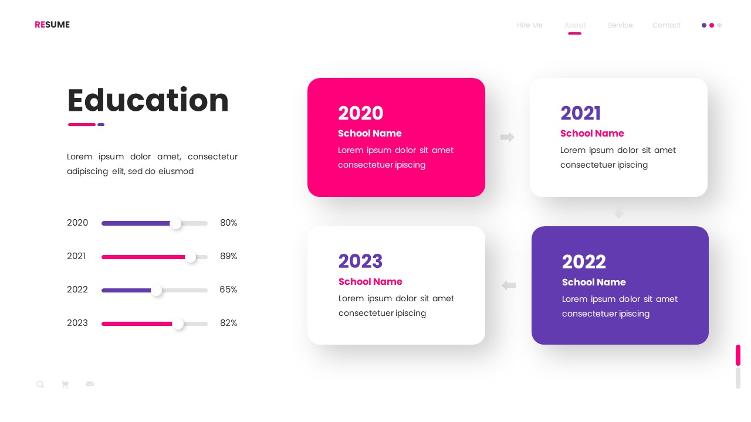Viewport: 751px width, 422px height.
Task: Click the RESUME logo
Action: click(x=52, y=25)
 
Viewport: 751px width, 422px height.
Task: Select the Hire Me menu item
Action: click(x=529, y=25)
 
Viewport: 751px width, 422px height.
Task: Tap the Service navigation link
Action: click(x=620, y=25)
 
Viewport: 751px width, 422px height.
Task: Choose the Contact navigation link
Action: click(x=666, y=25)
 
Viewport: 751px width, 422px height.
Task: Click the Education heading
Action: click(x=148, y=100)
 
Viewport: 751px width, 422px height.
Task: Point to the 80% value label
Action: click(x=228, y=223)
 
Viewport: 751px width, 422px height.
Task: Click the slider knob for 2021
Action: click(x=191, y=257)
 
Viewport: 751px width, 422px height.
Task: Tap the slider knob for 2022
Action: click(x=157, y=290)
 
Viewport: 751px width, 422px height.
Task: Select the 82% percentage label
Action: click(x=228, y=323)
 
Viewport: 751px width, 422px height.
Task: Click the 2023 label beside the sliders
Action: click(x=77, y=323)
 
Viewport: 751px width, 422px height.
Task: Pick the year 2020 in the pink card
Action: click(x=360, y=113)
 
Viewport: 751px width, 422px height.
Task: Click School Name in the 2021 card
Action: click(x=592, y=134)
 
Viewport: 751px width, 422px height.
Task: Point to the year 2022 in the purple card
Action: click(x=584, y=261)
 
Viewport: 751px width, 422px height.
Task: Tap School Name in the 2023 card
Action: click(x=370, y=282)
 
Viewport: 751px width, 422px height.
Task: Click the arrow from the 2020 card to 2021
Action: click(x=507, y=137)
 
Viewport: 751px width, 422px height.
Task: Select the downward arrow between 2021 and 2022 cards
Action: click(x=618, y=212)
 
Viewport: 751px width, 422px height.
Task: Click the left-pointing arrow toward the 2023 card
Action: click(x=509, y=285)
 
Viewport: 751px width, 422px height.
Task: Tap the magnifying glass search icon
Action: click(x=40, y=384)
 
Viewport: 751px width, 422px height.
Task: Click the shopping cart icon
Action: click(x=65, y=384)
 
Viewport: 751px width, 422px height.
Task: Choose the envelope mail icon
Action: click(x=90, y=384)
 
